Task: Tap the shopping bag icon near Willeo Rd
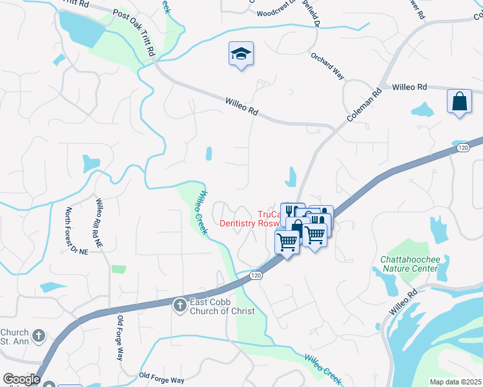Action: click(x=458, y=101)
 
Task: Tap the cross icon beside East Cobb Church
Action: click(x=180, y=303)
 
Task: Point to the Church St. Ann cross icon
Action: click(x=39, y=335)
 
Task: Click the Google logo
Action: click(x=21, y=379)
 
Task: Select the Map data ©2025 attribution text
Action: click(x=455, y=382)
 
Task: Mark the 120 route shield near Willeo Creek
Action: click(x=256, y=275)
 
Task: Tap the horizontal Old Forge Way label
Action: click(x=161, y=375)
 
